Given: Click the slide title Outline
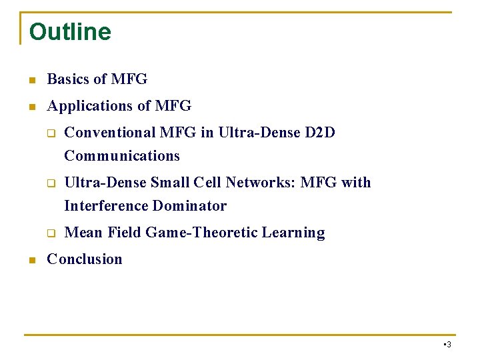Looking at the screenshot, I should point(70,31).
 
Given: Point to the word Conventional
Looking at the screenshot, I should point(110,133).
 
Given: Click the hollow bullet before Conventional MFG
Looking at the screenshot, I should point(49,133).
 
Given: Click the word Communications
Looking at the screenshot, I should point(122,156).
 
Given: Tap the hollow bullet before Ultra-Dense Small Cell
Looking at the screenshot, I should point(49,183).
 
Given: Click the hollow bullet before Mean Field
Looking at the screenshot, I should point(49,233).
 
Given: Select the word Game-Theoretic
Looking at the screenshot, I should point(201,233).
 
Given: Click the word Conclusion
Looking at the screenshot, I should point(85,259).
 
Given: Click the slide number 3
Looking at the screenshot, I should point(449,345).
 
